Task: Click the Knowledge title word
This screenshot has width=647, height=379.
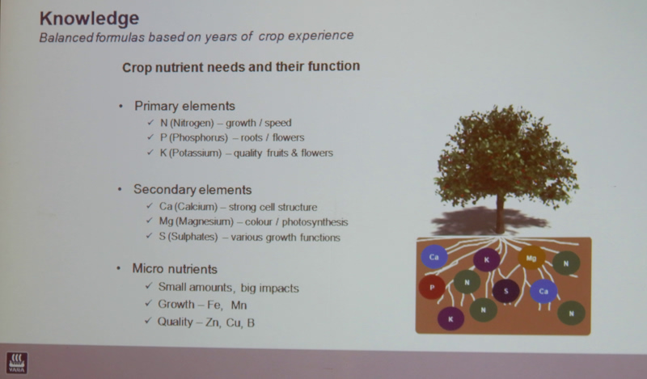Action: [x=89, y=19]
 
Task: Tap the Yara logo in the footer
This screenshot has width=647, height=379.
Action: [x=17, y=363]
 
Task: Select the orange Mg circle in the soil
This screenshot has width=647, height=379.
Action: [x=531, y=258]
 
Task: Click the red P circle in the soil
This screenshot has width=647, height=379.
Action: [x=432, y=288]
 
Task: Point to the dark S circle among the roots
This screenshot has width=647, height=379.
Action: [x=506, y=291]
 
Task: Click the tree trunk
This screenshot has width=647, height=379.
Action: [x=500, y=214]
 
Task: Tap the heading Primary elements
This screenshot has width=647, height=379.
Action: [x=184, y=107]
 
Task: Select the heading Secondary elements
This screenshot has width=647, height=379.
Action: [x=192, y=190]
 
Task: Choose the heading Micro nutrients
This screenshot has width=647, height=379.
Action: [x=175, y=269]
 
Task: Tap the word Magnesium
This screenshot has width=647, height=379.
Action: [x=205, y=222]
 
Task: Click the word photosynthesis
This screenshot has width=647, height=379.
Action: [x=315, y=222]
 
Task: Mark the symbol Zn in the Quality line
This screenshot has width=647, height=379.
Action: [x=212, y=322]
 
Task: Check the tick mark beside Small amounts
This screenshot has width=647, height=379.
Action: [x=149, y=286]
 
